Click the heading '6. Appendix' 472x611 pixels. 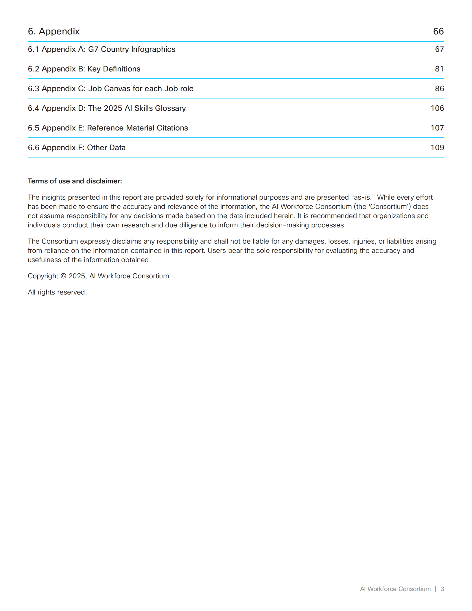point(54,31)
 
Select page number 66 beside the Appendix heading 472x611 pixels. point(438,31)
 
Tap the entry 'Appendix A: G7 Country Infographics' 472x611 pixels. point(102,49)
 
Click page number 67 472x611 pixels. point(439,49)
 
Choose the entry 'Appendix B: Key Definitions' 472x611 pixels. point(84,69)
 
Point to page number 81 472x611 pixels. point(439,69)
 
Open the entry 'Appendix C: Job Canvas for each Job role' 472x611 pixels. point(110,89)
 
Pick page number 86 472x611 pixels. point(439,89)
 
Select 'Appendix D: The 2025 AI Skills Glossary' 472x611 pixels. point(107,108)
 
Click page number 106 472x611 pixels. point(437,108)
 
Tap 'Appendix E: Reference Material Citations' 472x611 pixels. point(108,128)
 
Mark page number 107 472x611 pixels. point(437,128)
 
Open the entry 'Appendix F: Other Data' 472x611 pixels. point(77,148)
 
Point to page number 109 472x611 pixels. point(437,148)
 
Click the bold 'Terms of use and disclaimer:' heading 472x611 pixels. point(75,181)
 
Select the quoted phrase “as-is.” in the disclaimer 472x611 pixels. point(363,197)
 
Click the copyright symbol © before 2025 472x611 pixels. point(63,276)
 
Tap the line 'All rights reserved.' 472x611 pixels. point(57,292)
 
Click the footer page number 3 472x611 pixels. point(442,589)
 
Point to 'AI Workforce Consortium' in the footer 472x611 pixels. point(395,589)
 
